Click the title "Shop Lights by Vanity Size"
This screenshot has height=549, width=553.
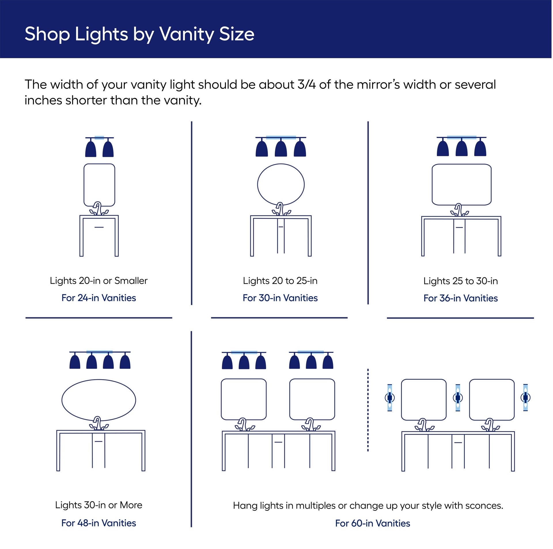coord(139,34)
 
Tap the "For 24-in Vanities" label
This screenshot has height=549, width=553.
coord(99,298)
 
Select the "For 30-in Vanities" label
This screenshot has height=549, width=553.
coord(280,298)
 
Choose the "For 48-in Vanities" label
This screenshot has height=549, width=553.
coord(99,523)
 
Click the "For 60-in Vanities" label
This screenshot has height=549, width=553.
coord(372,523)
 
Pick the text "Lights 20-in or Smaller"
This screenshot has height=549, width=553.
coord(99,281)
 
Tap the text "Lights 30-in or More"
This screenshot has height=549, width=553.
coord(99,505)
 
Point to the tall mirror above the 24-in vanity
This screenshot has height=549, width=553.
coord(99,185)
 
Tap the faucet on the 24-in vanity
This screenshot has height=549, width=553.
coord(98,208)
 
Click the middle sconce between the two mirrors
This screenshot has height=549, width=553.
coord(457,398)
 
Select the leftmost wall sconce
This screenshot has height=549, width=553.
coord(389,398)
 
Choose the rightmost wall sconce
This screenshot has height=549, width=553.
coord(525,397)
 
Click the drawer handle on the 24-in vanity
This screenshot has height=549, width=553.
coord(99,227)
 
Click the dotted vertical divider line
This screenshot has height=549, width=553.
coord(368,409)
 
